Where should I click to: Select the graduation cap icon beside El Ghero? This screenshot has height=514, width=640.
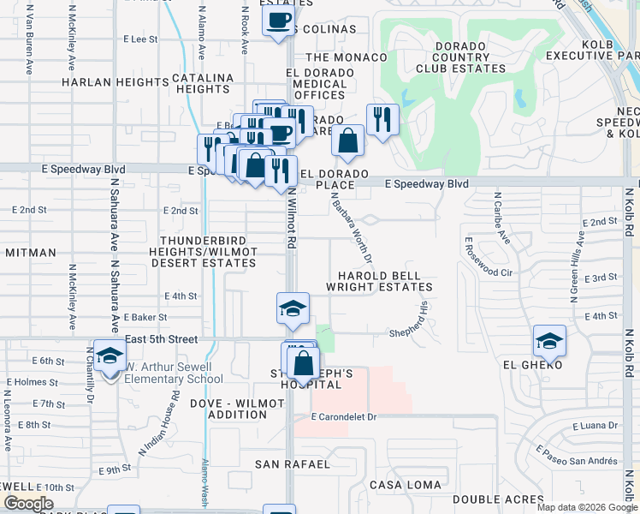tap(548, 342)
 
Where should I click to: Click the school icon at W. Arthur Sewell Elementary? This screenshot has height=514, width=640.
tap(110, 355)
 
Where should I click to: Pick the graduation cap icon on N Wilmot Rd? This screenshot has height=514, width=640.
tap(292, 308)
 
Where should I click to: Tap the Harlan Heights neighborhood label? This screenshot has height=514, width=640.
tap(115, 82)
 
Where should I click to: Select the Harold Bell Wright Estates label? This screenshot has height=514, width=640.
tap(384, 282)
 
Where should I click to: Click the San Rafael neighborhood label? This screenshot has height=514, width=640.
tap(293, 464)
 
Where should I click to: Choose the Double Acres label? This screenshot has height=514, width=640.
tap(498, 499)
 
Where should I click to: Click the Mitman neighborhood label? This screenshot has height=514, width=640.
tap(30, 253)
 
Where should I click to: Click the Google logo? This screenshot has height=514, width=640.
tap(28, 504)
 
